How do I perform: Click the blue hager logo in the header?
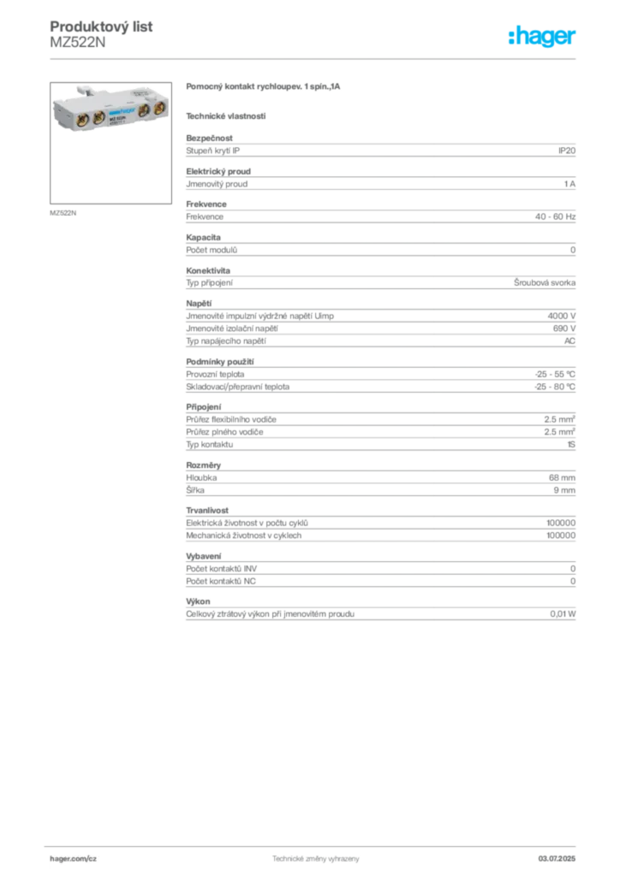[543, 38]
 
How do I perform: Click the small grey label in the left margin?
[65, 212]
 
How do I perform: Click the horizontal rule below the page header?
[315, 58]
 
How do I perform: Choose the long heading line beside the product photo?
[264, 89]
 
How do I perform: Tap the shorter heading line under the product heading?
[226, 115]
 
